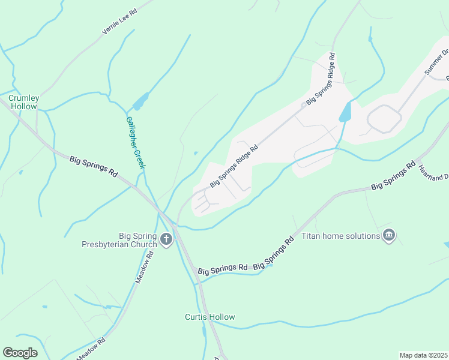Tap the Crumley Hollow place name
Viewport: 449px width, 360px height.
tap(23, 102)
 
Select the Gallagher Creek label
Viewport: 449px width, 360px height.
tap(135, 142)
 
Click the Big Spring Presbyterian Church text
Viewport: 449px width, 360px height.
tap(119, 240)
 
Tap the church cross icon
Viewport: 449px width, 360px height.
tap(166, 241)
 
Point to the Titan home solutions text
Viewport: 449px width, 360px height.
tap(340, 236)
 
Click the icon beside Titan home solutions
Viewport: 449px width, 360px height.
tap(389, 235)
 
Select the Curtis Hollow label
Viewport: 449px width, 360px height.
tap(209, 317)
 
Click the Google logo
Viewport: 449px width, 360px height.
tap(20, 353)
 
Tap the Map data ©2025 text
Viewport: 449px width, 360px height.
tap(423, 355)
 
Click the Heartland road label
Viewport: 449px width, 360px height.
tap(433, 172)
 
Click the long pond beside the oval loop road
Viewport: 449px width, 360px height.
tap(345, 111)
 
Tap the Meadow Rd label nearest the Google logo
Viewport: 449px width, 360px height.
tap(91, 349)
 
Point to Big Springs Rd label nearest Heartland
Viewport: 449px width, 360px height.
tap(393, 176)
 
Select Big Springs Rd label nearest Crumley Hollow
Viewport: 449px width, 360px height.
tap(94, 167)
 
